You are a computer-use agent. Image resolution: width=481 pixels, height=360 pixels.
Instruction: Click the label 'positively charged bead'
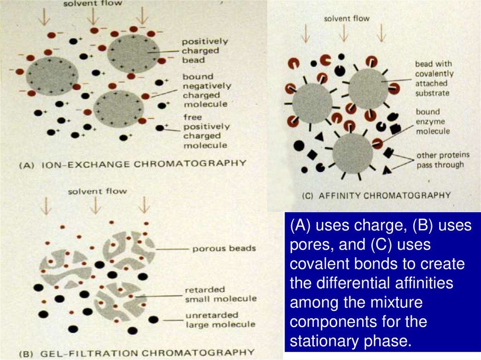pyautogui.click(x=201, y=50)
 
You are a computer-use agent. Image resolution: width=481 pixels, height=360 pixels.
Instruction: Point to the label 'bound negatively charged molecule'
pyautogui.click(x=206, y=90)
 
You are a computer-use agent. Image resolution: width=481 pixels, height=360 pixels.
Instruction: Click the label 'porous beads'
pyautogui.click(x=224, y=248)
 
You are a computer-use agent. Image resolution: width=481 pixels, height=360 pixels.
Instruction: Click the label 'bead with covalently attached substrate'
pyautogui.click(x=434, y=78)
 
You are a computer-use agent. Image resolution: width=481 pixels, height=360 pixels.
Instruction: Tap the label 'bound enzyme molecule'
pyautogui.click(x=432, y=121)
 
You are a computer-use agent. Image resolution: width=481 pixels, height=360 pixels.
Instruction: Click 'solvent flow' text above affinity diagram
pyautogui.click(x=347, y=19)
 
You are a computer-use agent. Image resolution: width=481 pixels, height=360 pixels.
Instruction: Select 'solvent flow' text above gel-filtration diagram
pyautogui.click(x=97, y=191)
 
